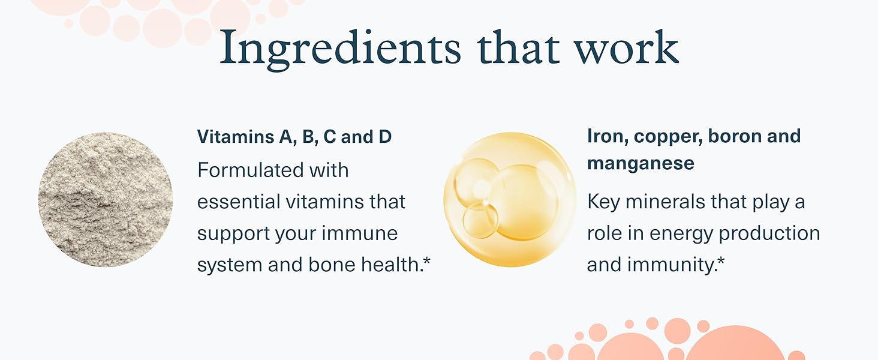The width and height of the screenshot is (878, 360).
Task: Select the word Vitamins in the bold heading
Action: (236, 136)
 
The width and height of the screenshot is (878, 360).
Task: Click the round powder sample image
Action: (106, 199)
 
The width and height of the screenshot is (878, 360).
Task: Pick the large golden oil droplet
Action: (510, 199)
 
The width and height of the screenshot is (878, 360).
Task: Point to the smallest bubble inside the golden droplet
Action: (480, 220)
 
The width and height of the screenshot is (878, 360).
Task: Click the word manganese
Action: (641, 164)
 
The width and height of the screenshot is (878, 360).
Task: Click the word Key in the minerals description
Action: (603, 202)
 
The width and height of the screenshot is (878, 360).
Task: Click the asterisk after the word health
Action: (426, 260)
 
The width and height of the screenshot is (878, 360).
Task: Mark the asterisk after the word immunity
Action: (720, 260)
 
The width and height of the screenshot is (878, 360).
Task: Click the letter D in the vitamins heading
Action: (385, 136)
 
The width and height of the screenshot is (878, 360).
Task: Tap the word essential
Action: (238, 202)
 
